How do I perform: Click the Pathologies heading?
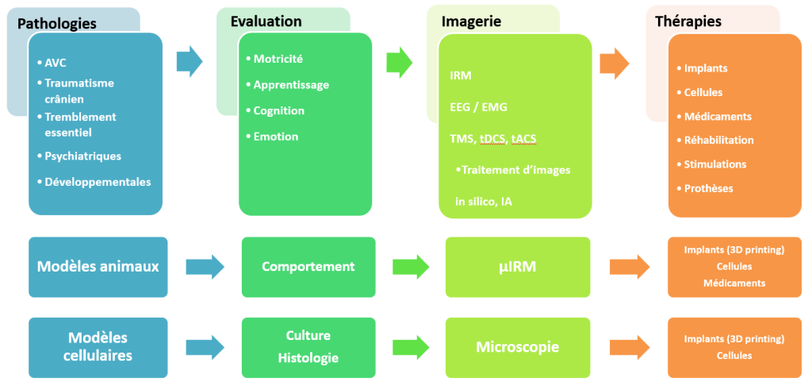pos(56,23)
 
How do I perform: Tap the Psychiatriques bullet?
pos(82,156)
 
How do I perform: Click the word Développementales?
pos(98,181)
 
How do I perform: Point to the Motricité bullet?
pos(278,58)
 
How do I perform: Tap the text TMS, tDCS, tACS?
pos(492,138)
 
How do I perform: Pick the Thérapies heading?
pos(688,21)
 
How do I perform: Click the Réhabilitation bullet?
pos(718,140)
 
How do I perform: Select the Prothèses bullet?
pos(708,188)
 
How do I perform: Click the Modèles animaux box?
pos(98,266)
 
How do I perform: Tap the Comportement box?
pos(308,266)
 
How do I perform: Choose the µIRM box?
pos(517,266)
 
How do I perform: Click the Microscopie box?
pos(517,347)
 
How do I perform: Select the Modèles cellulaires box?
pos(98,347)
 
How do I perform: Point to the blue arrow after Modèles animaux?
pos(202,266)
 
